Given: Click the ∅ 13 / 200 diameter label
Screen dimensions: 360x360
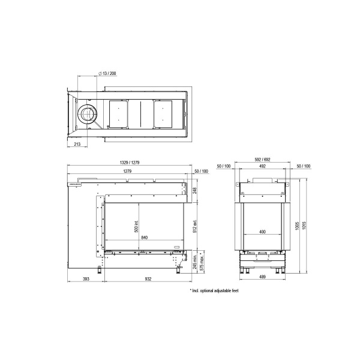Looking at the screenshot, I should (107, 73).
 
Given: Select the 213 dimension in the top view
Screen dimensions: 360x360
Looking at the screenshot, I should (77, 144).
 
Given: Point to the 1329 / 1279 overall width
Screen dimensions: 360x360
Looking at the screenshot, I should (130, 163).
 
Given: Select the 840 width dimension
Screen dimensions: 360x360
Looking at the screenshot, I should (144, 238).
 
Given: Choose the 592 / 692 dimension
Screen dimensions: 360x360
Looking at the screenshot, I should (262, 160).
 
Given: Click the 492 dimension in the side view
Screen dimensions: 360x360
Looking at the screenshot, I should (262, 166).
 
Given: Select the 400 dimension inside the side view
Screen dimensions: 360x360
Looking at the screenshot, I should (262, 232).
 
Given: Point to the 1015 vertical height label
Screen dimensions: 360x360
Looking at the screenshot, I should (306, 225).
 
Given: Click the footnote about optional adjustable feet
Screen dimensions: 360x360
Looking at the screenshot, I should (214, 290).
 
